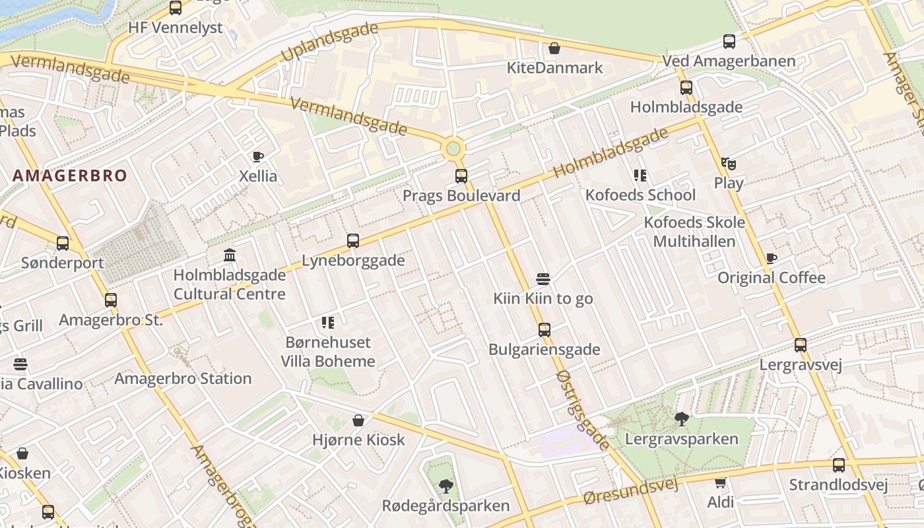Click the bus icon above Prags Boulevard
coord(461,176)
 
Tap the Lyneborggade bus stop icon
coord(353,241)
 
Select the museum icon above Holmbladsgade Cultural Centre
coord(230,255)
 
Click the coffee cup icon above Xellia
coord(258,157)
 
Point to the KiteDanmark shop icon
coord(554,48)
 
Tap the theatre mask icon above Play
coord(728,163)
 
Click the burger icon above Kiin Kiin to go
coord(543,279)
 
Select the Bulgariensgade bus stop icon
coord(544,329)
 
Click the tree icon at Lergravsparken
coord(681,418)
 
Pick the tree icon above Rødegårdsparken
coord(446,486)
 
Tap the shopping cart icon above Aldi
coord(720,482)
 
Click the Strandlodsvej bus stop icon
coord(838,465)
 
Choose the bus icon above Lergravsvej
coord(801,345)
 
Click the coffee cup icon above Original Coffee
coord(771,258)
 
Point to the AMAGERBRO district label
coord(69,176)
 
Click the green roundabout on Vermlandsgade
coord(453,148)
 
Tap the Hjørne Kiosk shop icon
coord(358,420)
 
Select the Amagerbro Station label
coord(183,379)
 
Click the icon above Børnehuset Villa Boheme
coord(328,323)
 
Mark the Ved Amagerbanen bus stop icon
coord(729,42)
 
